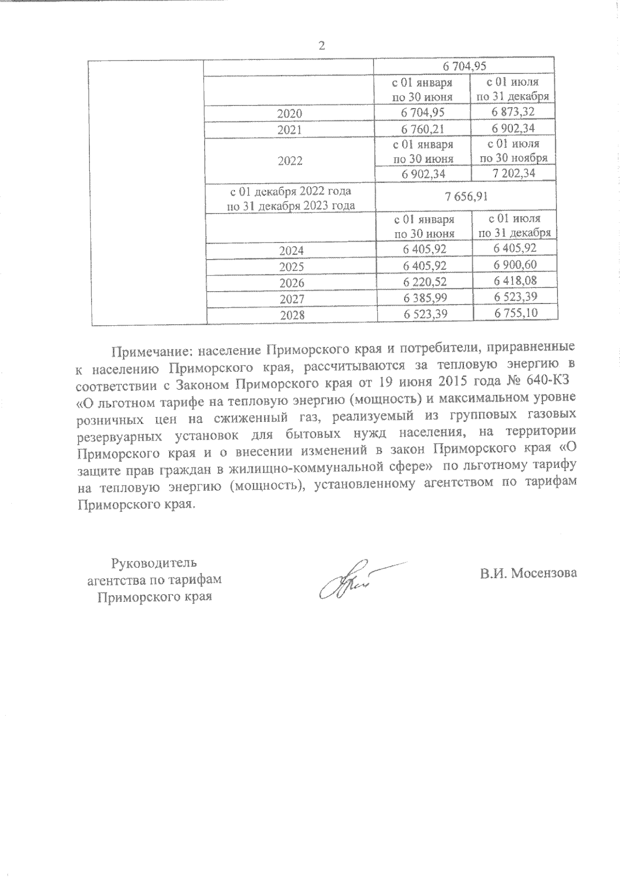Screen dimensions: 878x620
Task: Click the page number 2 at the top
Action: click(322, 46)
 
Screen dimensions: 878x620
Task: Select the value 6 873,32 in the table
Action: click(513, 112)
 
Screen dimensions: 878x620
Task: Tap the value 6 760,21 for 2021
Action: click(423, 129)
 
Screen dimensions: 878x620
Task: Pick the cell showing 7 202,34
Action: click(514, 173)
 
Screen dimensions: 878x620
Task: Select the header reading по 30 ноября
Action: click(514, 158)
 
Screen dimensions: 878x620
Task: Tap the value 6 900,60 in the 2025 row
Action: click(515, 265)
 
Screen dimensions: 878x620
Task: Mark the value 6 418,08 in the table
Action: click(515, 281)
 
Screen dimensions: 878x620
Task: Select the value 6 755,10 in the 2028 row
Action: click(515, 313)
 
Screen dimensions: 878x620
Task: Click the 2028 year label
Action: click(291, 315)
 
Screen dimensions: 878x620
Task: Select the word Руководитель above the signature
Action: click(154, 562)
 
